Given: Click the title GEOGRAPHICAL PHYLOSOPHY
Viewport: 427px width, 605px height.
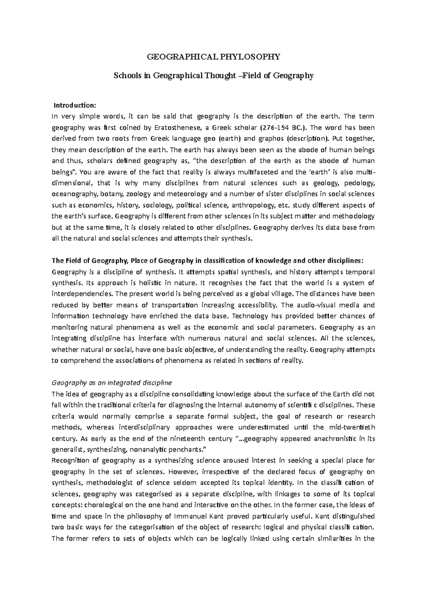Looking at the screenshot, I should pyautogui.click(x=213, y=57).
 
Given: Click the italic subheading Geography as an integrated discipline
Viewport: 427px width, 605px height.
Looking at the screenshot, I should pyautogui.click(x=111, y=383).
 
